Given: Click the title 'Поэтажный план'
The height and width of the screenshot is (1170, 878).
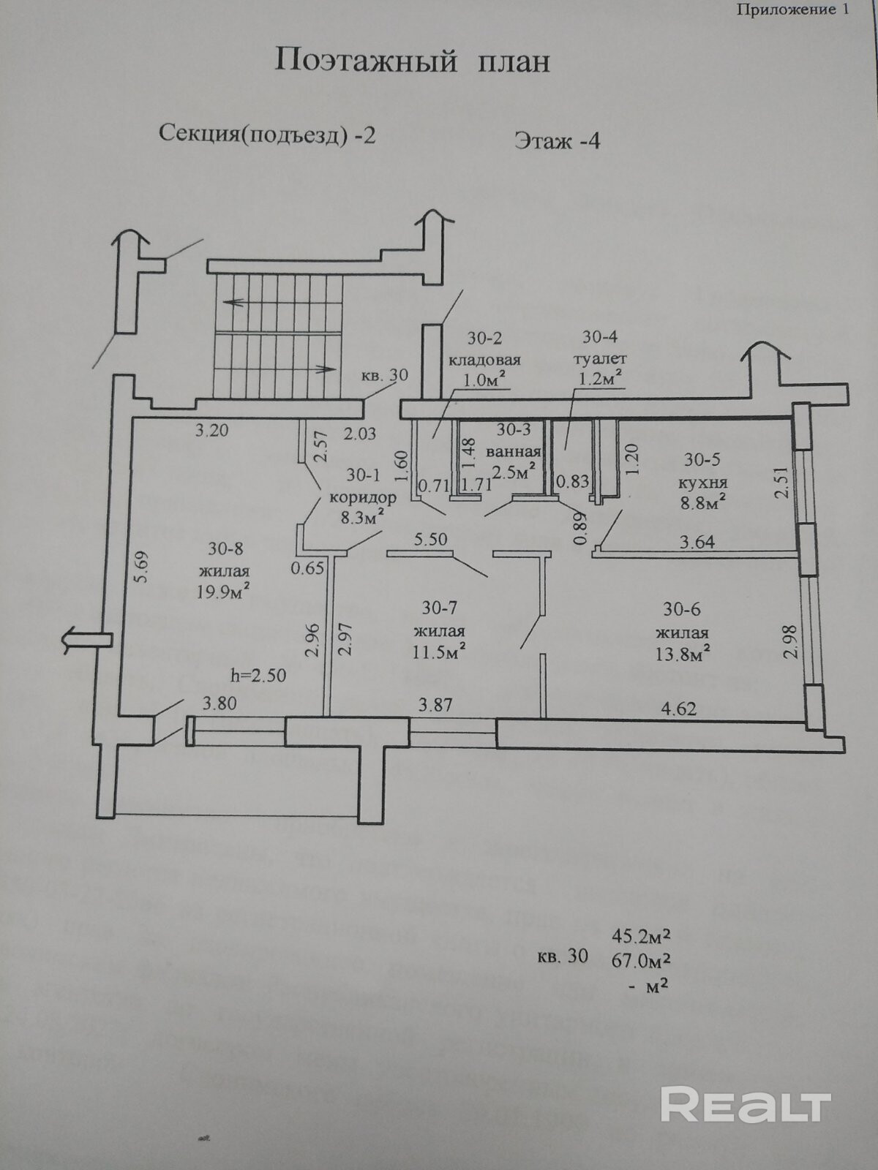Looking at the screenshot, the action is pyautogui.click(x=412, y=61).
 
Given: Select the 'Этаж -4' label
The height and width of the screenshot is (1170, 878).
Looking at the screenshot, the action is pyautogui.click(x=557, y=140).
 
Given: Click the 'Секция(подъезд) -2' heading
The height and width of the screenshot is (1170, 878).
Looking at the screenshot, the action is pyautogui.click(x=267, y=135).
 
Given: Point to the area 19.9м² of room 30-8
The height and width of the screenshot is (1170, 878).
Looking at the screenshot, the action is pyautogui.click(x=224, y=592).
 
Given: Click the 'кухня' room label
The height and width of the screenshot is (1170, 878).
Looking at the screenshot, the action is pyautogui.click(x=703, y=483).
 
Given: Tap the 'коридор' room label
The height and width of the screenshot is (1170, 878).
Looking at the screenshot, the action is pyautogui.click(x=363, y=498).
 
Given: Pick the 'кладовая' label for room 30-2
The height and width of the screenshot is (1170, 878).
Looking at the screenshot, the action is pyautogui.click(x=484, y=360).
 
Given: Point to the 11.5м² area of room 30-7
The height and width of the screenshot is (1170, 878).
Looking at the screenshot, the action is pyautogui.click(x=440, y=652).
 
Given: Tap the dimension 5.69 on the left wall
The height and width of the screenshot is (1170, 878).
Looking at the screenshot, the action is pyautogui.click(x=142, y=566).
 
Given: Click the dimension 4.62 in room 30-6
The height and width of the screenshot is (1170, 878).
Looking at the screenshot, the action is pyautogui.click(x=678, y=708).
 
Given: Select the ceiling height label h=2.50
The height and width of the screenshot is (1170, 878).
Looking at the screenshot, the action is pyautogui.click(x=258, y=675).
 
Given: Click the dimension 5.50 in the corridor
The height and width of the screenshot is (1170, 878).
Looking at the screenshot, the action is pyautogui.click(x=430, y=540).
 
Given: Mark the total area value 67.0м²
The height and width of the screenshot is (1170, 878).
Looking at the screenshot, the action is pyautogui.click(x=642, y=959).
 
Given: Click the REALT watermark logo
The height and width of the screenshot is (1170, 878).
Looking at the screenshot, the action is pyautogui.click(x=746, y=1103).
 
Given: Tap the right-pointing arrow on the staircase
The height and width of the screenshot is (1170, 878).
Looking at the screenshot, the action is pyautogui.click(x=322, y=368).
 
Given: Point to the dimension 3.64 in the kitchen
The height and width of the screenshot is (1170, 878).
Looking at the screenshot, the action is pyautogui.click(x=697, y=542).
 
